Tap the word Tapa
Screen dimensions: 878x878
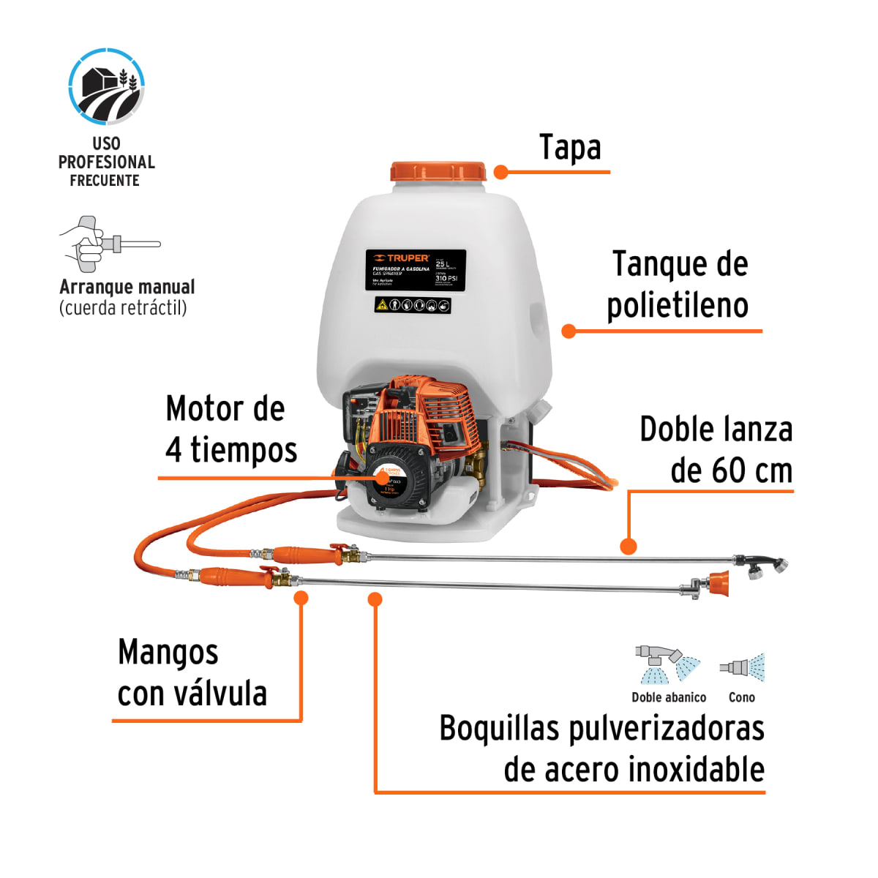pos(570,148)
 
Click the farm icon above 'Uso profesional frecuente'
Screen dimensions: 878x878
pos(107,86)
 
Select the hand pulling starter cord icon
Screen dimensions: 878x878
pos(108,242)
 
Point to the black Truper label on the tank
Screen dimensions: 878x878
pos(416,270)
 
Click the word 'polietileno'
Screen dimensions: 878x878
pos(678,306)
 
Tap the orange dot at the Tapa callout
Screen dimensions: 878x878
pos(501,172)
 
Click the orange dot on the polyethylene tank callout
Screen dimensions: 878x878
pos(569,331)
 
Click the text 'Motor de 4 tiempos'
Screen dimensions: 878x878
pos(230,429)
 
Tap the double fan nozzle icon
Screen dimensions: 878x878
pos(667,664)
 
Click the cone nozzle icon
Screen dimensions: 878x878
pos(742,667)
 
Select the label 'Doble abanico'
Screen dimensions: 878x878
pos(669,697)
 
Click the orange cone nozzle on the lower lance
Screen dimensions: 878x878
pos(718,583)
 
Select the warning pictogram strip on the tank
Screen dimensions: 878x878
pos(412,305)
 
